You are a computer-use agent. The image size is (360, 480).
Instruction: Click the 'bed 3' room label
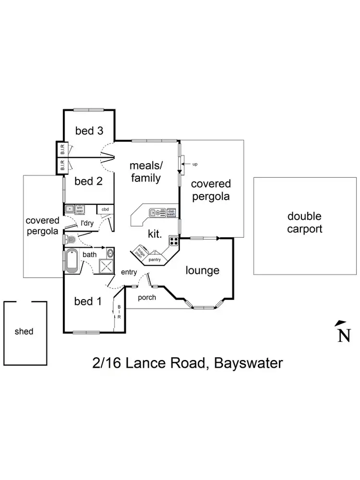tap(90, 131)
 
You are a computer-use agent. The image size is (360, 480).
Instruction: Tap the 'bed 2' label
tap(89, 181)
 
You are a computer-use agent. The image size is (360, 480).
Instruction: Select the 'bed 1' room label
tap(88, 301)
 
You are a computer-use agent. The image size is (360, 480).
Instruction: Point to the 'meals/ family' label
tap(146, 171)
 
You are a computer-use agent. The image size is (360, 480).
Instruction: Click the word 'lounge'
tap(203, 270)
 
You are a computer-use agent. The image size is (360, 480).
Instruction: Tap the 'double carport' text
tap(304, 223)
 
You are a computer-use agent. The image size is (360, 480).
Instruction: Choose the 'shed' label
tap(24, 331)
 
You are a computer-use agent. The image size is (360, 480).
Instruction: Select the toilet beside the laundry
tap(71, 240)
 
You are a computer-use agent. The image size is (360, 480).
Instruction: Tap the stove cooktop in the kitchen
tap(173, 241)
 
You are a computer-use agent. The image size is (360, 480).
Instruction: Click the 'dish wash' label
tap(171, 212)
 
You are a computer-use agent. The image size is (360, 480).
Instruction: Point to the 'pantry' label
tap(155, 259)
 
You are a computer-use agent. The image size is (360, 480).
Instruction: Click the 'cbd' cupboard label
tap(105, 209)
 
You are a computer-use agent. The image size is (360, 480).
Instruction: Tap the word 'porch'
tap(147, 298)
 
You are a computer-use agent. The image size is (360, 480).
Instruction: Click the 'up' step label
tap(195, 164)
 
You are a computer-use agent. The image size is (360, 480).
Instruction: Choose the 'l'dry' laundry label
tap(86, 223)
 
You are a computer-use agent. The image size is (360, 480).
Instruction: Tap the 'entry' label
tap(129, 272)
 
